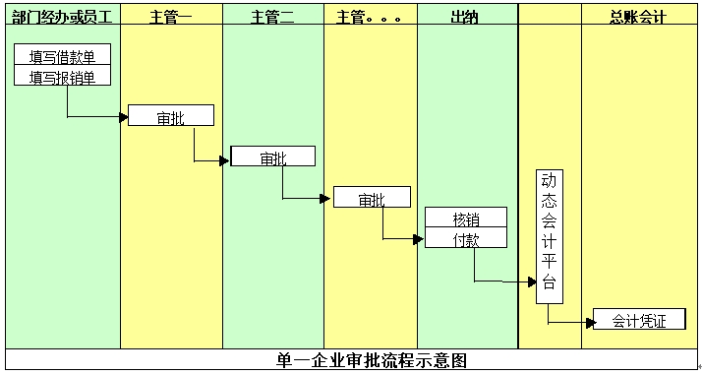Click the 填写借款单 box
[x=63, y=56]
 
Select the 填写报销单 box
[x=63, y=76]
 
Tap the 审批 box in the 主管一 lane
[x=170, y=117]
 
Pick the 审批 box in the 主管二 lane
[x=272, y=157]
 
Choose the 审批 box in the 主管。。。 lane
[x=371, y=199]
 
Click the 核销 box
[x=465, y=218]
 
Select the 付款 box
[x=465, y=238]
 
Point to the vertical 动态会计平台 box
[x=550, y=236]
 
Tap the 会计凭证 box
[x=638, y=321]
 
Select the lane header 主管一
[x=171, y=18]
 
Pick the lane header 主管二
[x=272, y=18]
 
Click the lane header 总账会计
[x=638, y=18]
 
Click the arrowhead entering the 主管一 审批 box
[x=124, y=118]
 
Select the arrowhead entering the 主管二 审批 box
[x=225, y=159]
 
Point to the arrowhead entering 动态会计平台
[x=532, y=281]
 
